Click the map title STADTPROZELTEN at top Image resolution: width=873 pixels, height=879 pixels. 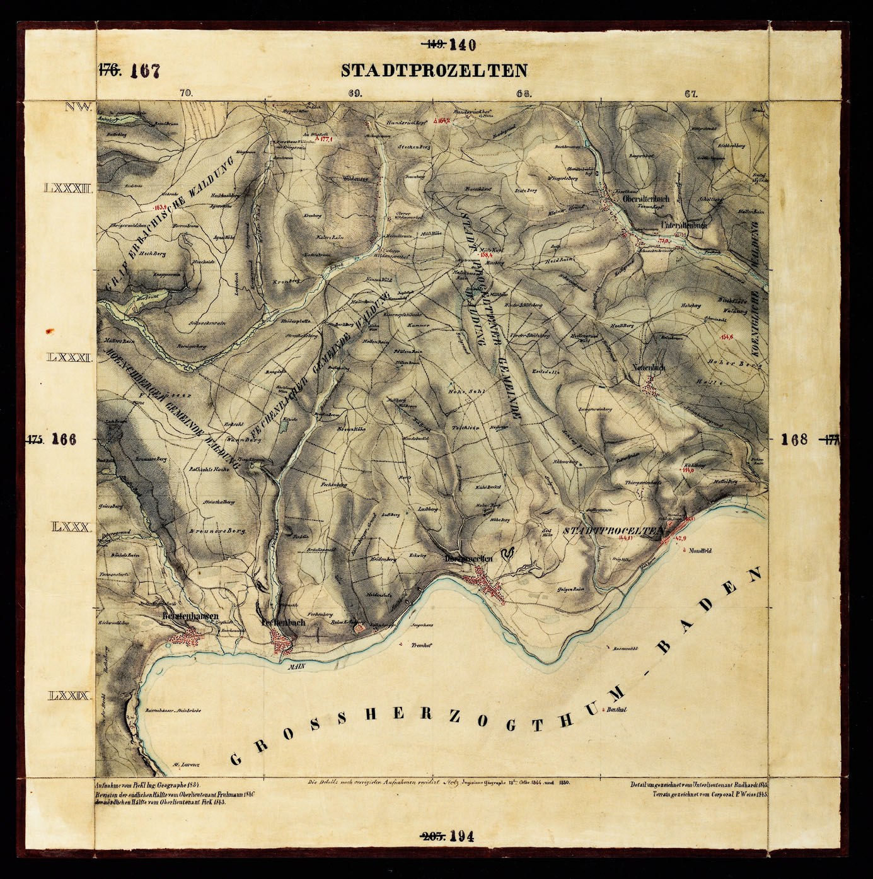[x=434, y=70]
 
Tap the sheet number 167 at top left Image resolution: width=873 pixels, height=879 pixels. [x=145, y=71]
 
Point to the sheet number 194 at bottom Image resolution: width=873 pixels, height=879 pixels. [x=462, y=837]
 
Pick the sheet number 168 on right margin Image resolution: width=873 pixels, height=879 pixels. [x=794, y=440]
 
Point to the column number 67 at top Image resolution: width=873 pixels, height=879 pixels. [x=690, y=95]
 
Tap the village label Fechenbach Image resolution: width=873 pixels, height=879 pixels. [x=283, y=622]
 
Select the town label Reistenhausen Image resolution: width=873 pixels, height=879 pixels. [x=190, y=615]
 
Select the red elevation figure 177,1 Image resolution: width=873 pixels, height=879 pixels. [x=325, y=141]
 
